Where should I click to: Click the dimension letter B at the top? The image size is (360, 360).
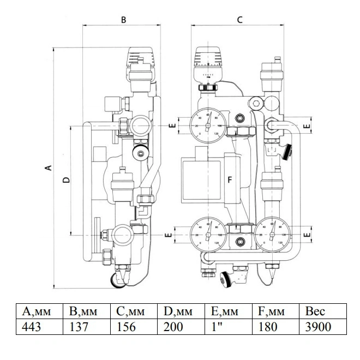pyautogui.click(x=123, y=20)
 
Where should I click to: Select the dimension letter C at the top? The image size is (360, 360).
pyautogui.click(x=239, y=20)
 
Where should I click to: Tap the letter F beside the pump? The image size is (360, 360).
pyautogui.click(x=229, y=179)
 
